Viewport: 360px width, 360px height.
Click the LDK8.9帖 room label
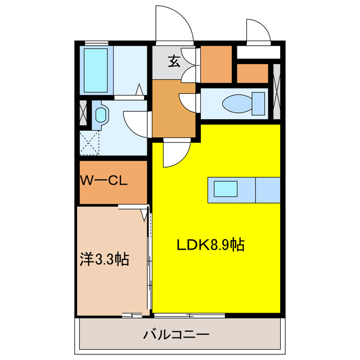[x=210, y=245]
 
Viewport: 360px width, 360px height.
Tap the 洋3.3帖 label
[x=104, y=260]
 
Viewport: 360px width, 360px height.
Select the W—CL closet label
[x=105, y=181]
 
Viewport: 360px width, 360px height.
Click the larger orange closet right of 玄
[x=216, y=63]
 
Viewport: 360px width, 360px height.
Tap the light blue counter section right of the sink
[x=268, y=190]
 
